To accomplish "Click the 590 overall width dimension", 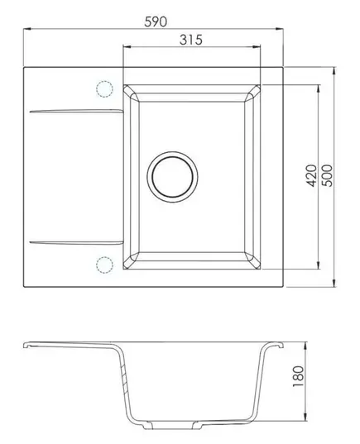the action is [156, 21].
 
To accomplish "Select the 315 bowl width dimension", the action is [191, 40].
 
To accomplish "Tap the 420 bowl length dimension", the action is [312, 175].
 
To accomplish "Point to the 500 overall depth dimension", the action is [328, 175].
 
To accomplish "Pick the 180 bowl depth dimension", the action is [298, 376].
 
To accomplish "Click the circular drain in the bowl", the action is [172, 177].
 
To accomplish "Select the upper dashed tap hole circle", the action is [104, 89].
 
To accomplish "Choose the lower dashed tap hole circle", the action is [104, 265].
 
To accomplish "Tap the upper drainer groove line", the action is [76, 111].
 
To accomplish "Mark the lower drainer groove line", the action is [76, 242].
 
